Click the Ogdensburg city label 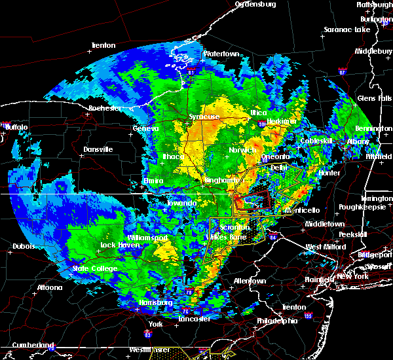pos(255,5)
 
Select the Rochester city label pos(105,107)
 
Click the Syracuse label pos(204,117)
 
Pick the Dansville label pos(98,149)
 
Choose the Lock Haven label pos(118,245)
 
